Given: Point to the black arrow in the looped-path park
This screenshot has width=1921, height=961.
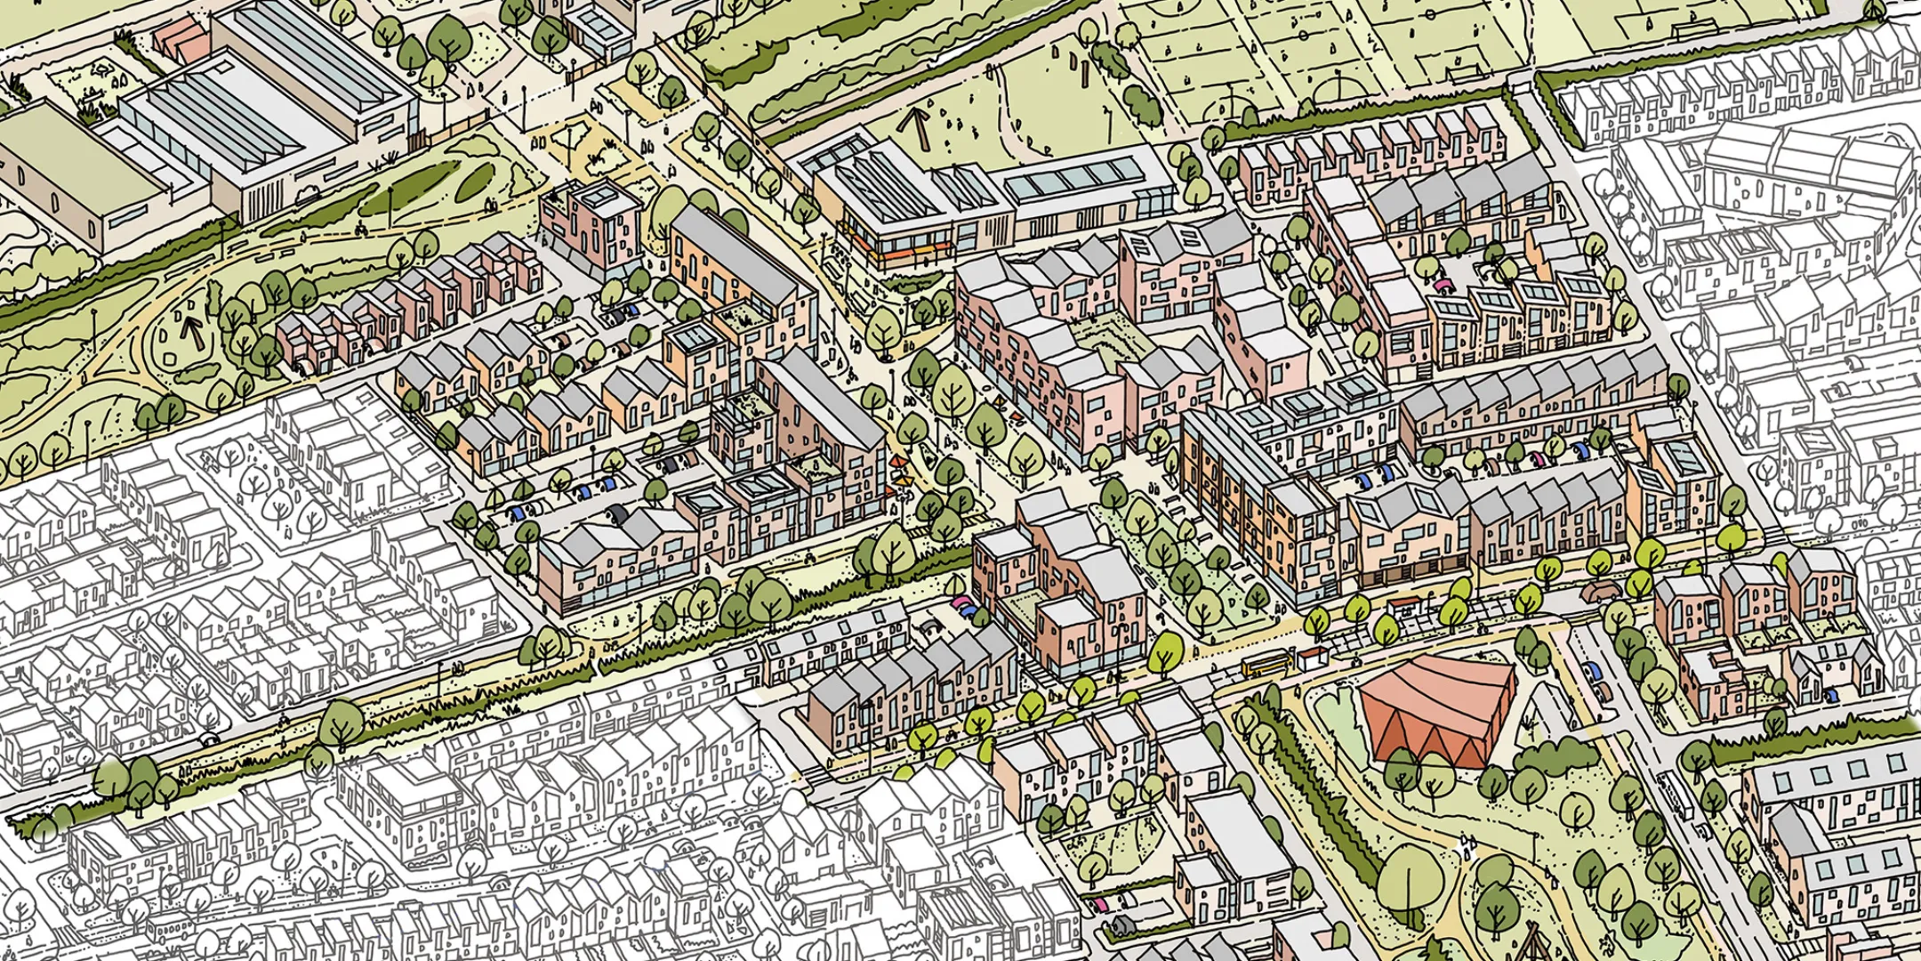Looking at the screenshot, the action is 189,330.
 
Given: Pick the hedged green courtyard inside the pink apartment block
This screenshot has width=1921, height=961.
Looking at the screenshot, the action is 1103,338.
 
